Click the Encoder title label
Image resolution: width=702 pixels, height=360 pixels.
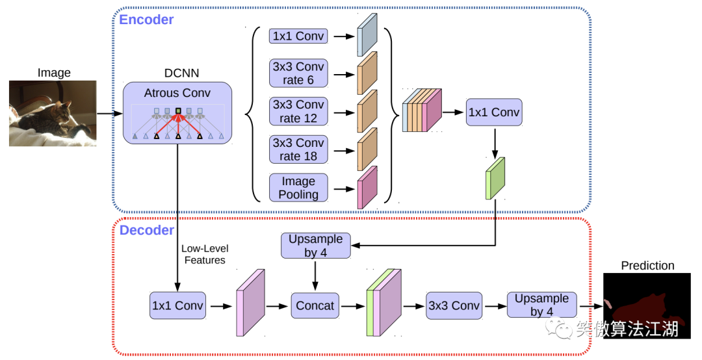(x=146, y=19)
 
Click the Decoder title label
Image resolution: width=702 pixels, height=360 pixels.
(x=147, y=230)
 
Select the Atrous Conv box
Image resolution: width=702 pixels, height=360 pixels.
(x=177, y=112)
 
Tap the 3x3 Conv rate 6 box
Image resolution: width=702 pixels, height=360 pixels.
(x=298, y=73)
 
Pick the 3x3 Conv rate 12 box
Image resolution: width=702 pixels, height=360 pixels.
(x=298, y=111)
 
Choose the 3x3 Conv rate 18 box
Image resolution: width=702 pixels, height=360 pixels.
(x=298, y=149)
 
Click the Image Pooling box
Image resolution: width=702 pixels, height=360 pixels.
(x=298, y=187)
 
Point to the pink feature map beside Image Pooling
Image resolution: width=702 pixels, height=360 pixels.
(x=367, y=187)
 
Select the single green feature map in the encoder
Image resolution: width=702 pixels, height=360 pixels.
(x=495, y=178)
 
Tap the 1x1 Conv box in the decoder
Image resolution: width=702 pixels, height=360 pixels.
(x=177, y=305)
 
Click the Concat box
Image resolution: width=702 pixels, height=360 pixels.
(x=315, y=305)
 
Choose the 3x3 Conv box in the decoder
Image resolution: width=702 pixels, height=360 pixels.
(x=454, y=305)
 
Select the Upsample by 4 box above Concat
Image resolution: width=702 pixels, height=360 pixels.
(x=315, y=246)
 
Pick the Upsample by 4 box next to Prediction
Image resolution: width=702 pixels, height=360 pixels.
(x=541, y=305)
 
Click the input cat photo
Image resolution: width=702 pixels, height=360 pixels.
(x=53, y=113)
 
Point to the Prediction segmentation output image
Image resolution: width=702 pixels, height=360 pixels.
(x=647, y=305)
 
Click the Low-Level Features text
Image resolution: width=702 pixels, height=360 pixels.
(x=205, y=254)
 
